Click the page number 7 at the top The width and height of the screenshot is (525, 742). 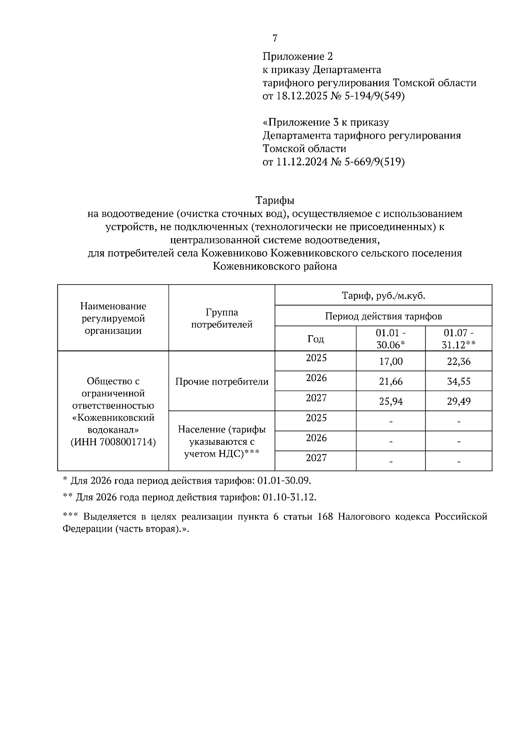point(275,38)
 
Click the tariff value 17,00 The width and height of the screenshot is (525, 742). point(391,362)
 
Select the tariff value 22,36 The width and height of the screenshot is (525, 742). point(458,362)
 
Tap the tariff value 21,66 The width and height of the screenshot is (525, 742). point(391,382)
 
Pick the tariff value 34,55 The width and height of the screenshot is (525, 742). point(458,382)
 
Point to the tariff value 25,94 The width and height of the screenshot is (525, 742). point(391,402)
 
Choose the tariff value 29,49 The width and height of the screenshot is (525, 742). point(458,402)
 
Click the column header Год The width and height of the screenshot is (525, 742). point(315,339)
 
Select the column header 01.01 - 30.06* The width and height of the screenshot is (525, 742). point(391,339)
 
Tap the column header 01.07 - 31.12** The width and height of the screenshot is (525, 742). point(458,339)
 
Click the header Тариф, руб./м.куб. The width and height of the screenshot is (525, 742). point(383,296)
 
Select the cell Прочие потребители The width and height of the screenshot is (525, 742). point(222,382)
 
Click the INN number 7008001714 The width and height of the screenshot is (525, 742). point(128,442)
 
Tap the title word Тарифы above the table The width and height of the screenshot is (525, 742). point(275,201)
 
